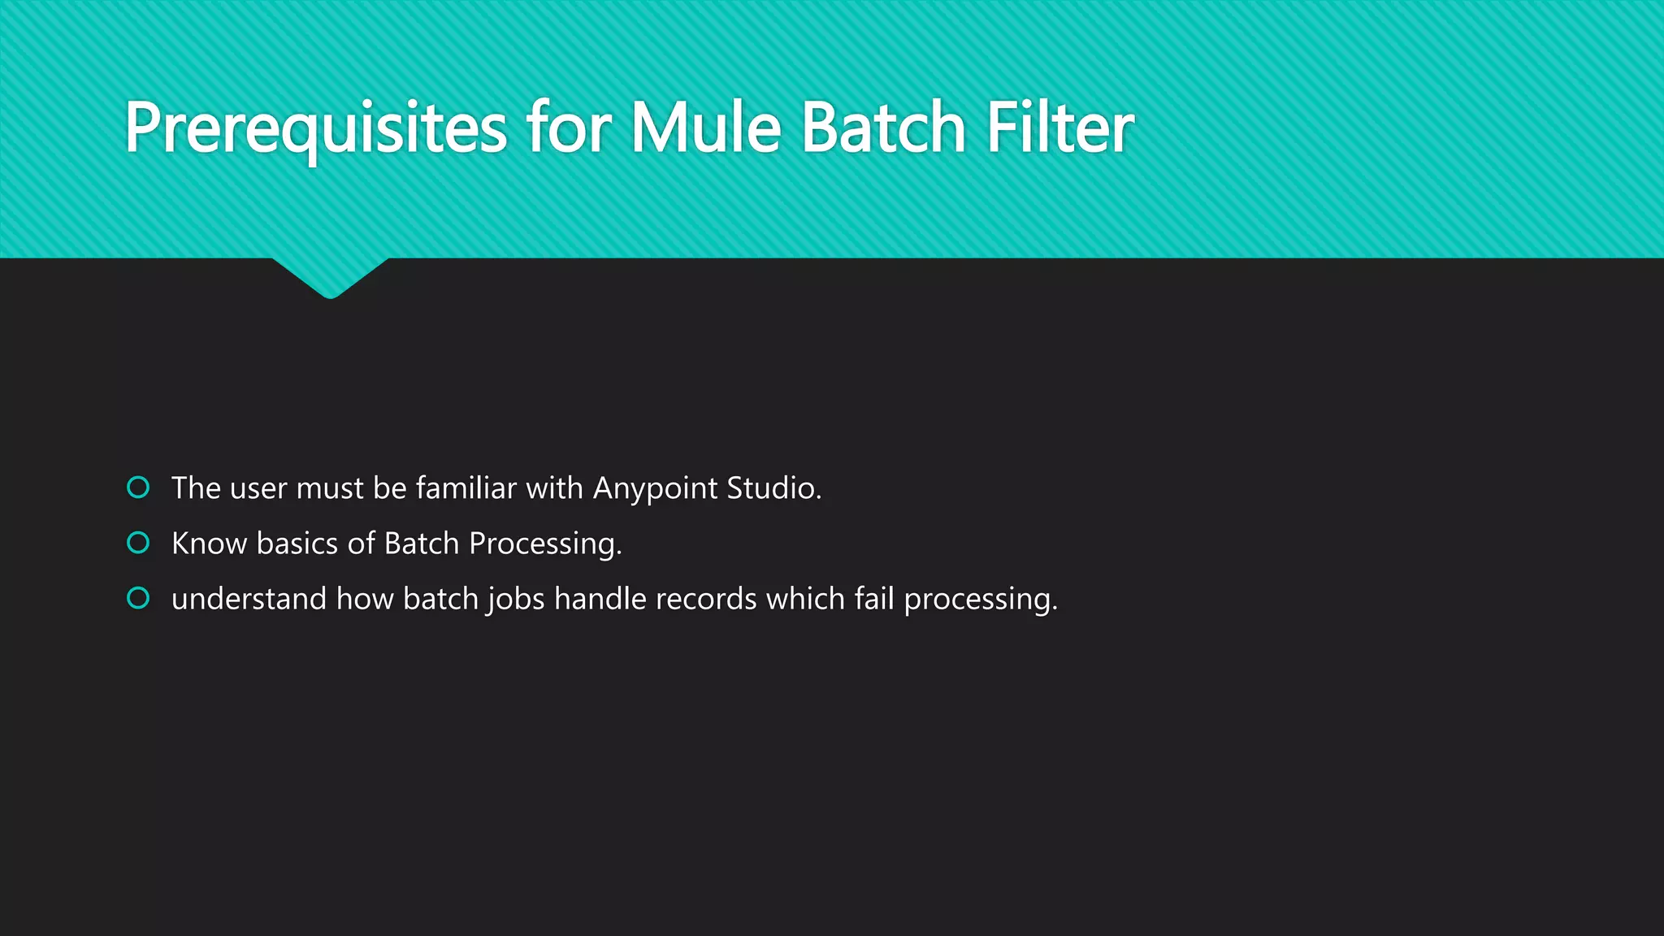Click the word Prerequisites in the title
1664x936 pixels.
[x=315, y=128]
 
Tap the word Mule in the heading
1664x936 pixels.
[x=705, y=128]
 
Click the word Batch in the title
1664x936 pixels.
[x=883, y=128]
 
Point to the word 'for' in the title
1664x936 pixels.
[x=568, y=128]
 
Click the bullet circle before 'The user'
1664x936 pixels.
[x=138, y=487]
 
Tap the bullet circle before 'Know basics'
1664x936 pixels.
[x=138, y=543]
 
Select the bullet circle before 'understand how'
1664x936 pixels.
[x=138, y=599]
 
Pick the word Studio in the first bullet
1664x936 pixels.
[x=773, y=488]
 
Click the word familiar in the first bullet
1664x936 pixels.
[x=466, y=488]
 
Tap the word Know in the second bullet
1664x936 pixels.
[x=209, y=544]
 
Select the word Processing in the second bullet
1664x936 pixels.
[x=544, y=544]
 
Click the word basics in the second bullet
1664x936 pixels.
[x=297, y=544]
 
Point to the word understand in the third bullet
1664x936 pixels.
[x=249, y=599]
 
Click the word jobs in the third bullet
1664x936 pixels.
[x=516, y=600]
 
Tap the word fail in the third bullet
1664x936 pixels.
[x=873, y=599]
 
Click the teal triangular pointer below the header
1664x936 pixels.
[x=330, y=276]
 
